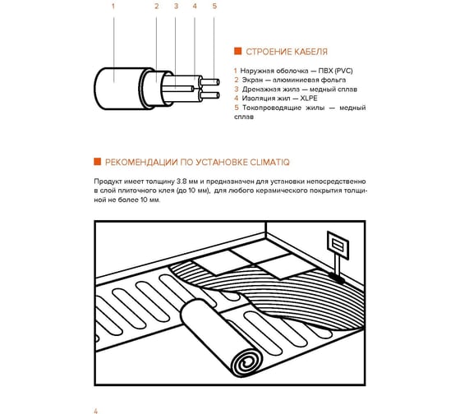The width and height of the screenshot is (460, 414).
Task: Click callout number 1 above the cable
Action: (x=113, y=7)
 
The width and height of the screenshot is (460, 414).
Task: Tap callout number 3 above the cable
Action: (x=176, y=7)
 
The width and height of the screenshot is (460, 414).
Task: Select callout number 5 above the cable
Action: (x=214, y=7)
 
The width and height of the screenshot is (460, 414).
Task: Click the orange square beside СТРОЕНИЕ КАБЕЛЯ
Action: (x=237, y=51)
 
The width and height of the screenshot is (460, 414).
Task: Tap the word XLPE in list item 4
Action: (x=309, y=99)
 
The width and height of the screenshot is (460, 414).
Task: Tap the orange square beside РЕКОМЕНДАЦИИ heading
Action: (x=98, y=161)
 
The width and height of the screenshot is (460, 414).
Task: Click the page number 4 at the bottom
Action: (x=95, y=411)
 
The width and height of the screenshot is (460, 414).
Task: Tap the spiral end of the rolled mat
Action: (x=248, y=363)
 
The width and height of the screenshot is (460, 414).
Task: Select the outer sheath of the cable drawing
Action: (x=119, y=89)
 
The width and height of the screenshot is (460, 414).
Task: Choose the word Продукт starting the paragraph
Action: (x=106, y=182)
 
